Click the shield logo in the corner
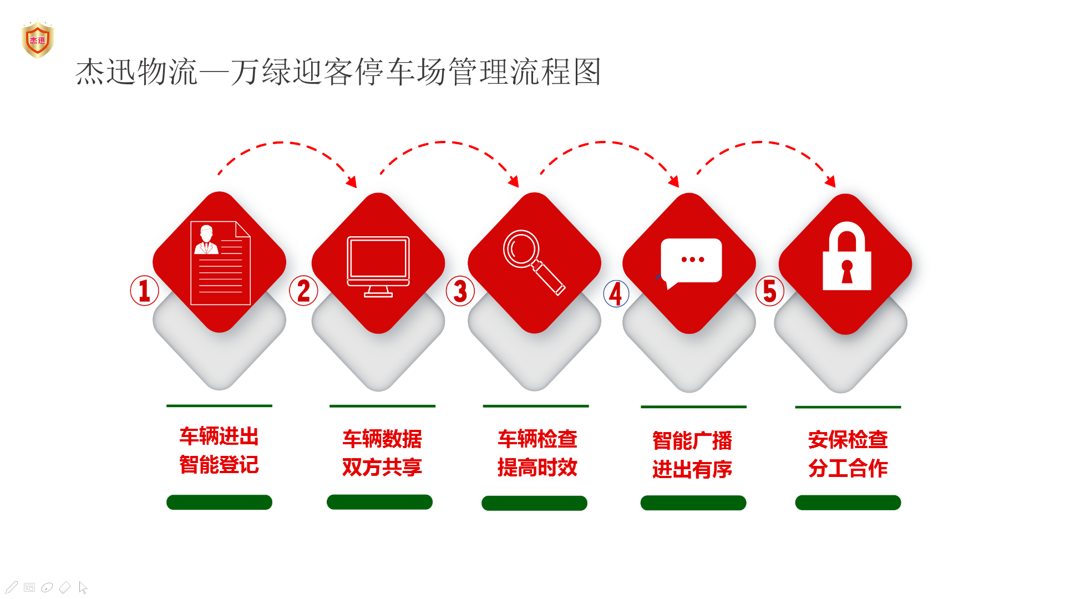click(38, 39)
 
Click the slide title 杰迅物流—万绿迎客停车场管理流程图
click(338, 72)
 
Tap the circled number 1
click(144, 291)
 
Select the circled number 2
click(303, 291)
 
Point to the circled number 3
click(460, 291)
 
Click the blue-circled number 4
click(616, 293)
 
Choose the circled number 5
click(770, 291)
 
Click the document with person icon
click(220, 263)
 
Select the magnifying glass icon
click(534, 262)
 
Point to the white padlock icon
click(847, 256)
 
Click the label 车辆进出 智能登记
click(219, 450)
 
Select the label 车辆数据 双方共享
click(382, 453)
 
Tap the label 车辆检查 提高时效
click(537, 453)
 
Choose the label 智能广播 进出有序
click(692, 455)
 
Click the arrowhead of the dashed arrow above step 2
click(352, 182)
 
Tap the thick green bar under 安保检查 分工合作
click(848, 503)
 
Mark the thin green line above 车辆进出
click(219, 406)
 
